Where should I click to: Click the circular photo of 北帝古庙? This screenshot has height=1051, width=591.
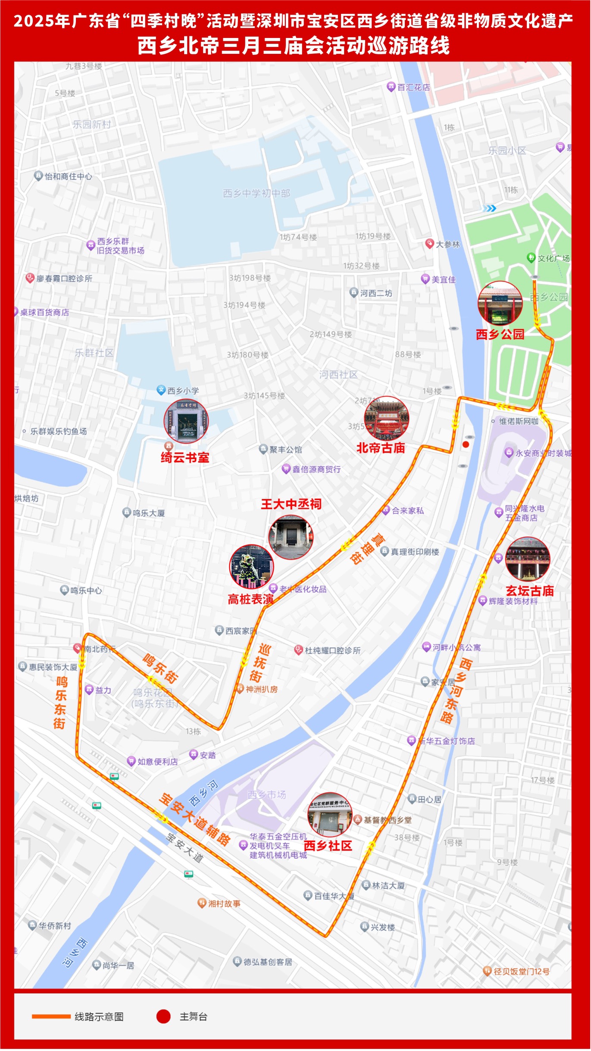(x=386, y=418)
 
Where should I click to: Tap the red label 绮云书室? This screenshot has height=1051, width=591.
(x=185, y=457)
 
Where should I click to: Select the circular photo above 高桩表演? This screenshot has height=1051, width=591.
(x=251, y=566)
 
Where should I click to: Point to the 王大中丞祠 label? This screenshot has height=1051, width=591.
(x=291, y=504)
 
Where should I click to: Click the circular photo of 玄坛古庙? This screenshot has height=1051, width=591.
(x=527, y=559)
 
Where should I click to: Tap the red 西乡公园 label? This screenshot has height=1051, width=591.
(x=500, y=335)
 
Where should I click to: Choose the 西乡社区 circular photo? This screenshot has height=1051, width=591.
(x=330, y=815)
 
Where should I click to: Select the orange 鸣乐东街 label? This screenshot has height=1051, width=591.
(x=60, y=703)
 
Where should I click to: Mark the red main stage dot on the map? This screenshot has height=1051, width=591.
(x=466, y=444)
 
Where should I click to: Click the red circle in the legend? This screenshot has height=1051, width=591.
(x=163, y=1016)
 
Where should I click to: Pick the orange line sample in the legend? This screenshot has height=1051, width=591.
(x=51, y=1016)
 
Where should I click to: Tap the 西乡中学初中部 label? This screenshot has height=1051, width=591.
(x=256, y=194)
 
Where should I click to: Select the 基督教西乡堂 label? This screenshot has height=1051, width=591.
(x=387, y=820)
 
